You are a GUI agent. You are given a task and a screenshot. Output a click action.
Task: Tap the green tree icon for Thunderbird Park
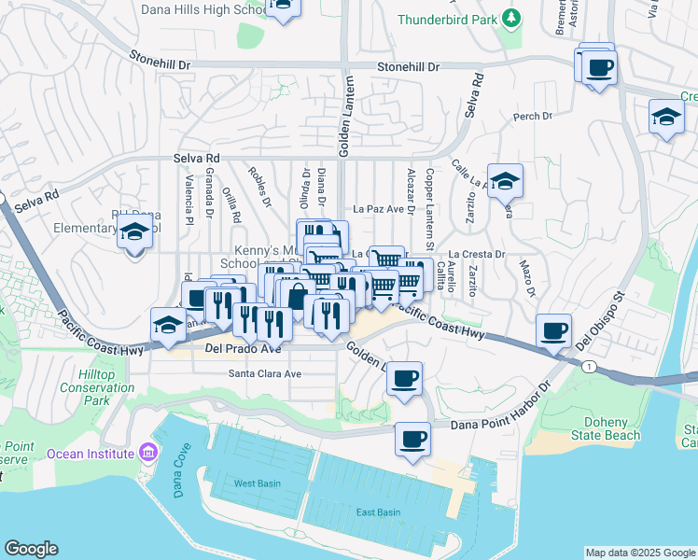pyautogui.click(x=510, y=18)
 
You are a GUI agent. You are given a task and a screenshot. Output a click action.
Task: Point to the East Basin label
pyautogui.click(x=378, y=511)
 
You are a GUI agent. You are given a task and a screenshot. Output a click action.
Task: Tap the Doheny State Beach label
pyautogui.click(x=607, y=428)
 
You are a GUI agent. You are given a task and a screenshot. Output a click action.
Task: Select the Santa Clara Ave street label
pyautogui.click(x=266, y=373)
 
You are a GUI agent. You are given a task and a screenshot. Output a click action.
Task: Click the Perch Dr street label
pyautogui.click(x=534, y=117)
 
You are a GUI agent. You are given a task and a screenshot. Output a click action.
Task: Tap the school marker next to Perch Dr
pyautogui.click(x=665, y=117)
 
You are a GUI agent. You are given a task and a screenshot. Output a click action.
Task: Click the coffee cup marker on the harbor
pyautogui.click(x=412, y=438)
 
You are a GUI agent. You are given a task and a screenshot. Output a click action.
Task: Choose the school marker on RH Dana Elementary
pyautogui.click(x=135, y=231)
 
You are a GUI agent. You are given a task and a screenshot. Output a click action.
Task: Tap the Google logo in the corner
pyautogui.click(x=31, y=549)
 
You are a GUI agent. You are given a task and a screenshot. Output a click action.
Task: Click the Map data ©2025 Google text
pyautogui.click(x=640, y=553)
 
